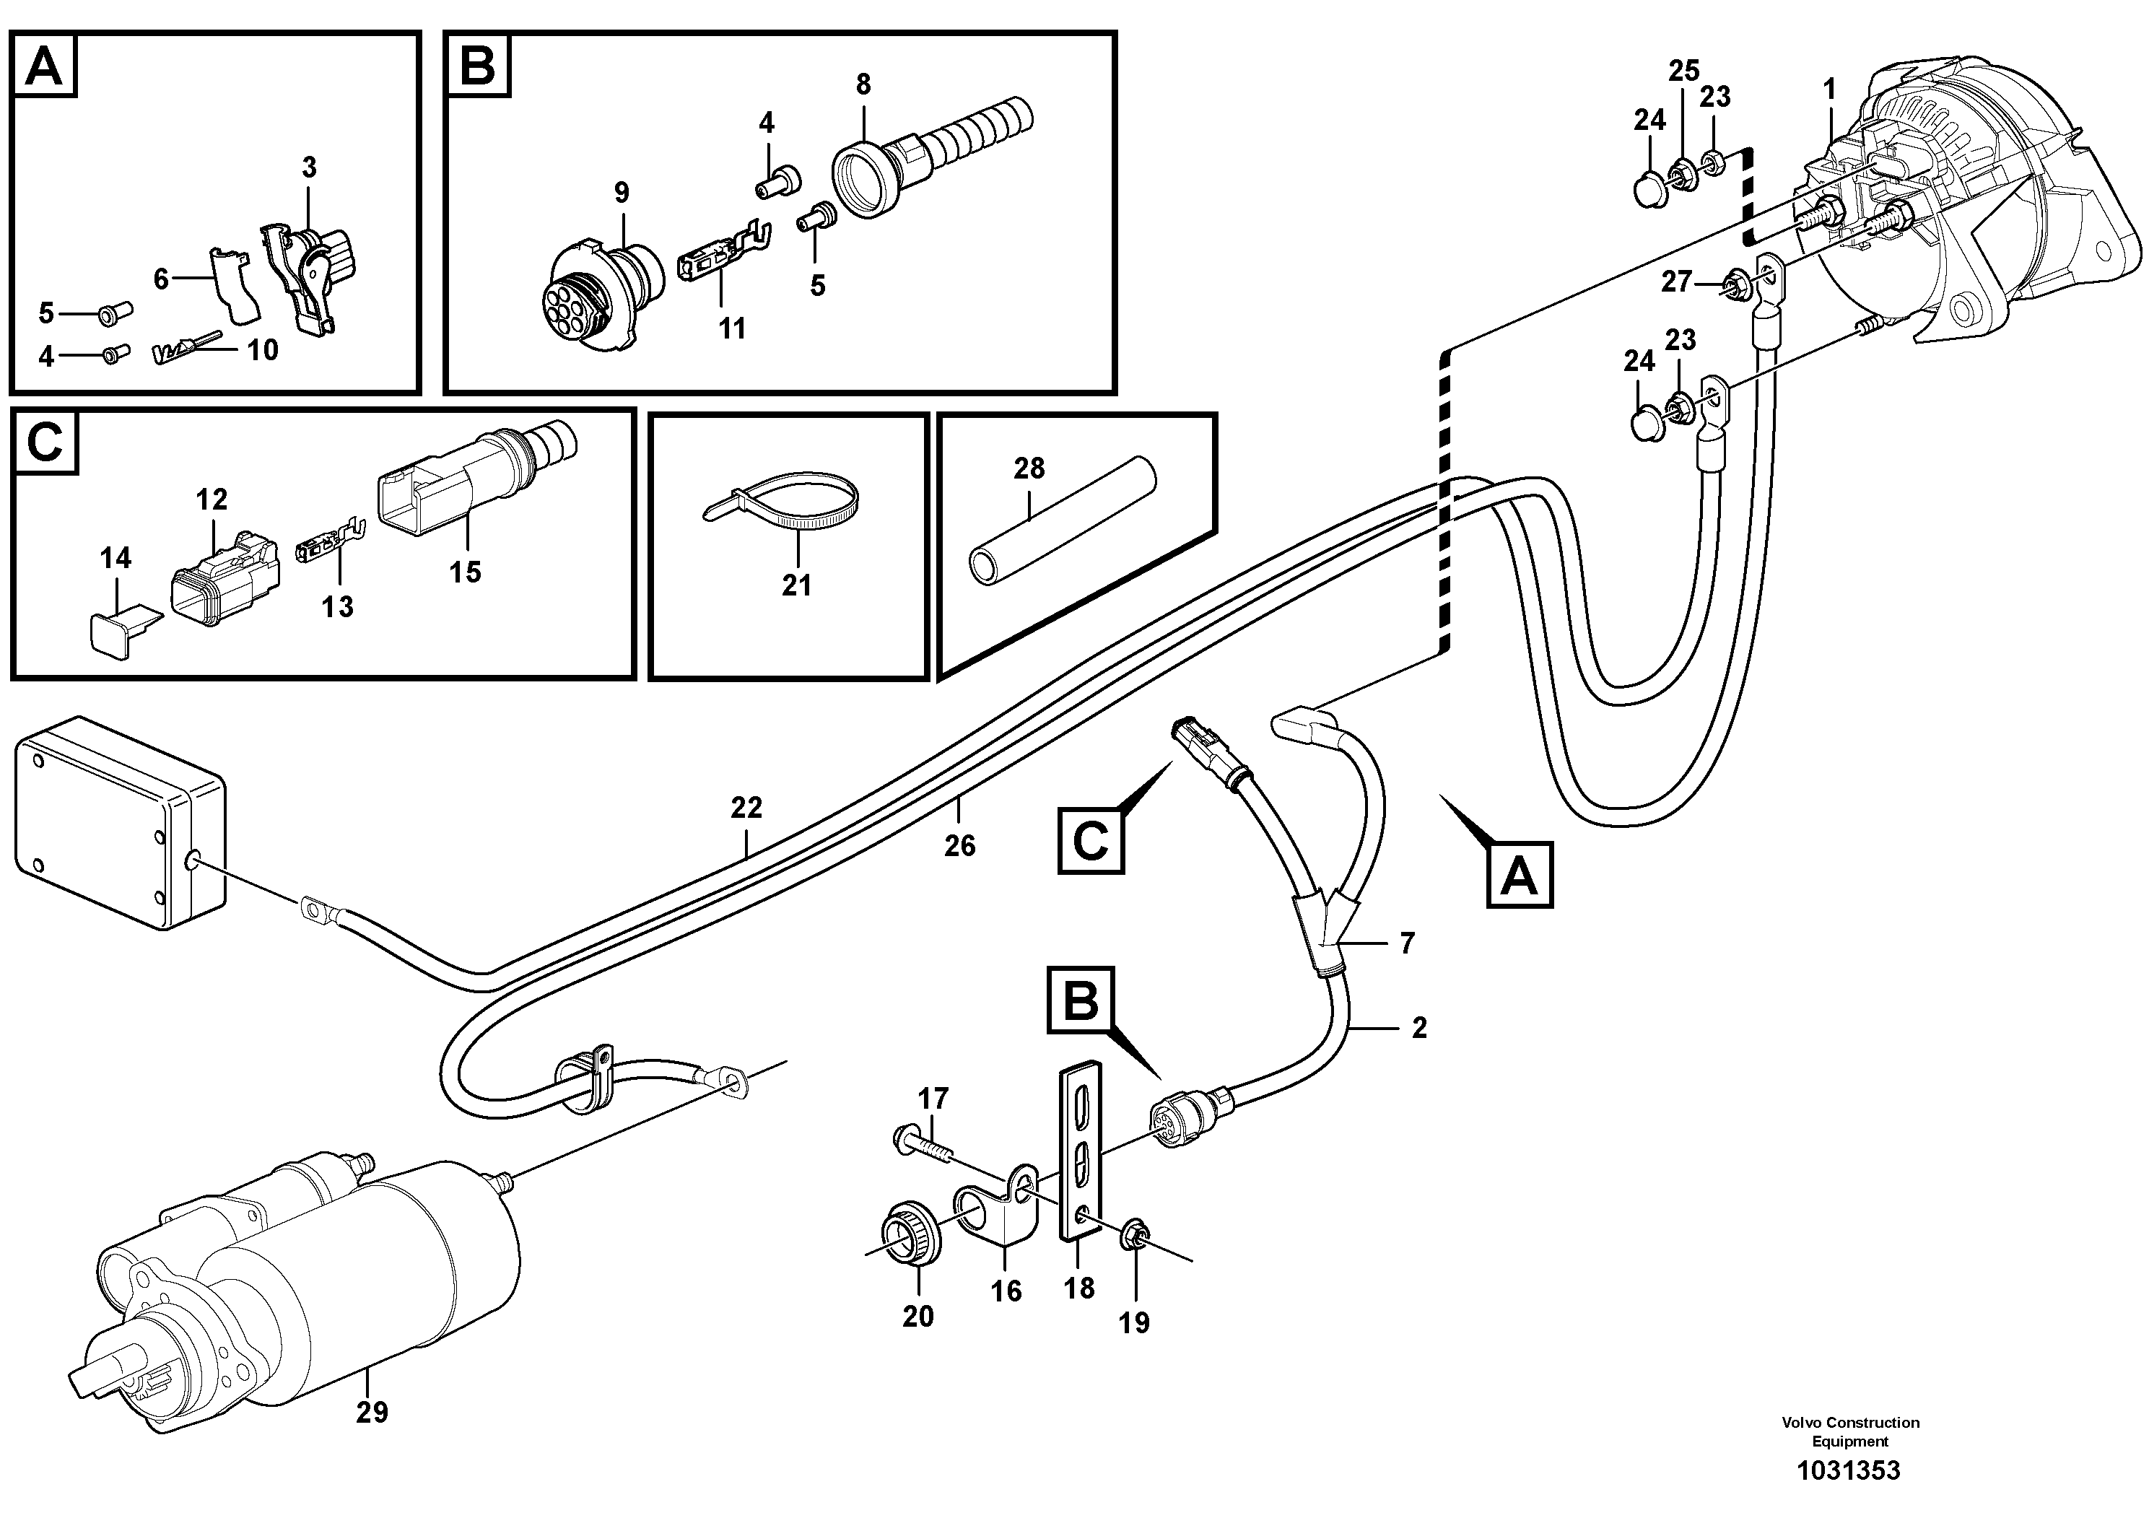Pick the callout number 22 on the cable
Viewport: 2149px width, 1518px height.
click(746, 807)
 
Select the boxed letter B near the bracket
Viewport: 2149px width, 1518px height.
click(1081, 1000)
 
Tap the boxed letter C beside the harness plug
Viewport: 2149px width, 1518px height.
click(1091, 840)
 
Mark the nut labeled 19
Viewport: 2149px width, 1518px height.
click(1133, 1236)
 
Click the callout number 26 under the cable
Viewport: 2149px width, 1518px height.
click(959, 845)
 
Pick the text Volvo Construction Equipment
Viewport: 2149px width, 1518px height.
click(1849, 1432)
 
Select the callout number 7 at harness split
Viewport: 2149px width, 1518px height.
click(1407, 943)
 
